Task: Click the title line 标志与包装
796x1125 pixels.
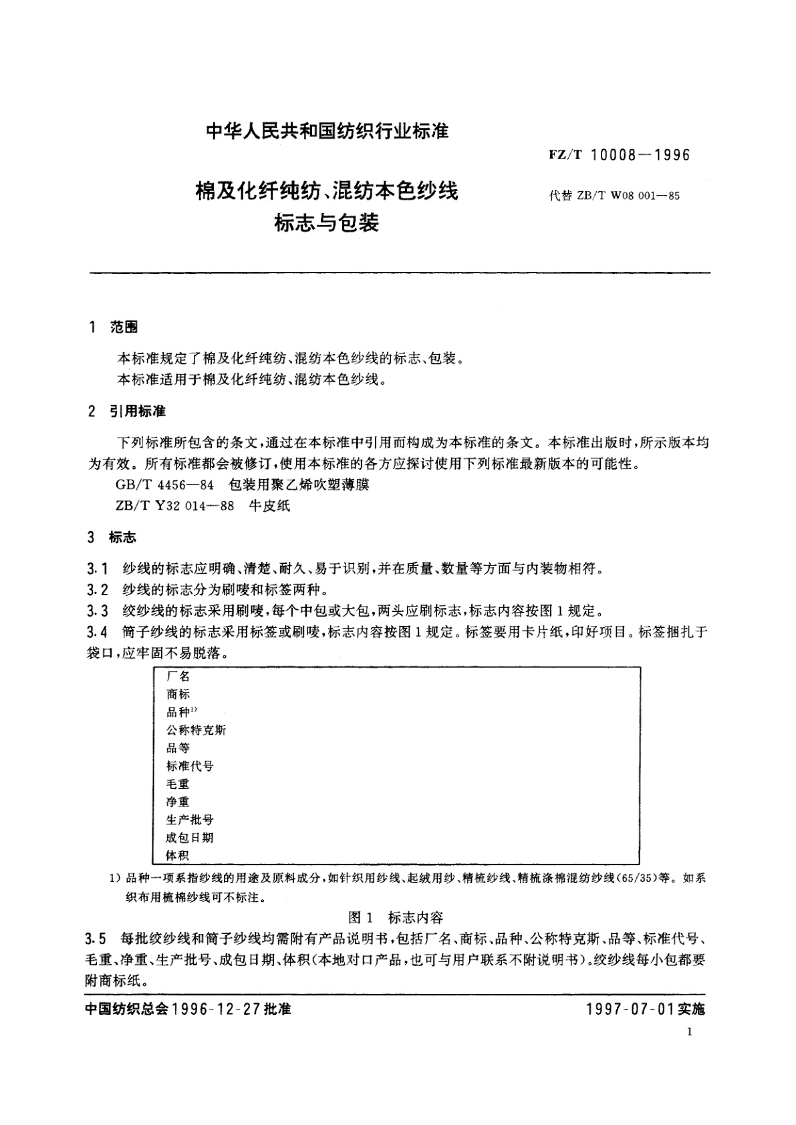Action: pos(326,222)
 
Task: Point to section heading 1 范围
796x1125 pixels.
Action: pos(113,327)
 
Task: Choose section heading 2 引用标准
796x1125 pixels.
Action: pos(127,411)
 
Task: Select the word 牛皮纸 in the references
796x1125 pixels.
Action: pos(270,506)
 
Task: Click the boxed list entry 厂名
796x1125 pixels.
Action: pos(178,676)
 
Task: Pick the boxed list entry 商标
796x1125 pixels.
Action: pos(178,694)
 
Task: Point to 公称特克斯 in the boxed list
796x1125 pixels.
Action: pos(196,730)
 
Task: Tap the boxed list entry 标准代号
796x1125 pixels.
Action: pos(190,766)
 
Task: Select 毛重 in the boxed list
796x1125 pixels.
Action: pos(178,784)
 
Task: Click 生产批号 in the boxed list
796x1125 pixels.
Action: pos(190,820)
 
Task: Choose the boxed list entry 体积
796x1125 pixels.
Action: pos(178,855)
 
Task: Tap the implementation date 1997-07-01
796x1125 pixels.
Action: pos(630,1009)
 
